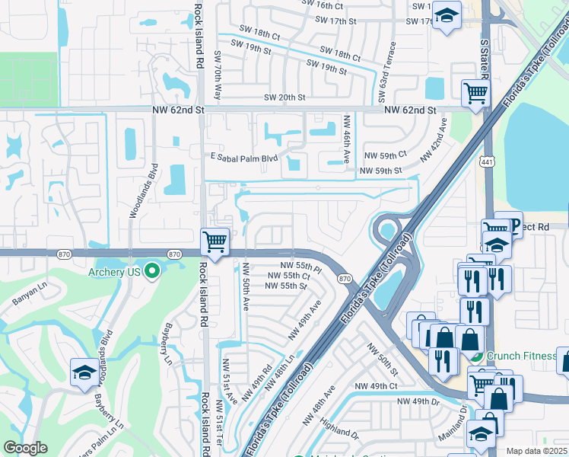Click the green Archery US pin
(x=152, y=270)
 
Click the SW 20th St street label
(x=284, y=97)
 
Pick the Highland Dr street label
(x=339, y=432)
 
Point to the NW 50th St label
(x=383, y=360)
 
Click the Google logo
(x=26, y=448)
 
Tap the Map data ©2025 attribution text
(x=537, y=451)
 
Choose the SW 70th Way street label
(x=218, y=76)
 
